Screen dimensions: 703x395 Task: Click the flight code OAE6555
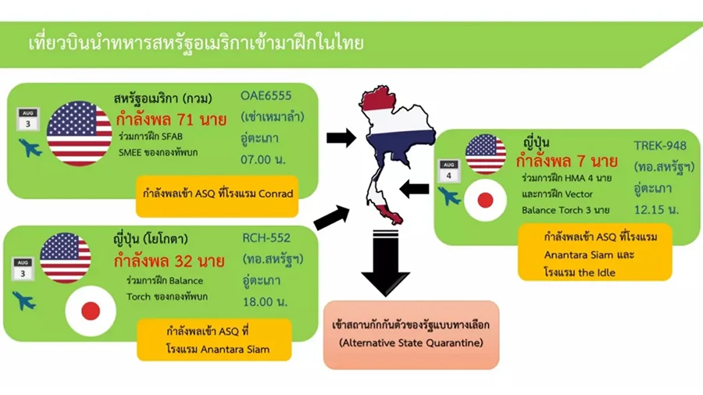(x=266, y=96)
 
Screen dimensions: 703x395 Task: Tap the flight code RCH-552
(x=266, y=238)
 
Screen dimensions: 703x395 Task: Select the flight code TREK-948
(x=660, y=146)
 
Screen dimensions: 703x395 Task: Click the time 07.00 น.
(x=263, y=159)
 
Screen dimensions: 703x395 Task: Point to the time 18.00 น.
(x=265, y=302)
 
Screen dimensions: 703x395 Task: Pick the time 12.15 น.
(x=656, y=209)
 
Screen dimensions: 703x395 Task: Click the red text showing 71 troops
(x=171, y=119)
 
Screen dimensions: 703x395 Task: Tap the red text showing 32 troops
(x=169, y=261)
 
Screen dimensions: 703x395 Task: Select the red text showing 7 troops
(x=567, y=162)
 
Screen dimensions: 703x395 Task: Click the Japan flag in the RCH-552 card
(x=91, y=311)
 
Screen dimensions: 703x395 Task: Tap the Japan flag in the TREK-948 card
(x=485, y=200)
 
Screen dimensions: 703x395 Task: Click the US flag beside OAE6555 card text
(x=80, y=133)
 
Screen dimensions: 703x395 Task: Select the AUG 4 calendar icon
(x=449, y=171)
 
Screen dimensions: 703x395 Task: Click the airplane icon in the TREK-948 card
(x=449, y=196)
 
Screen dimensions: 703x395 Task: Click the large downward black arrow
(x=385, y=263)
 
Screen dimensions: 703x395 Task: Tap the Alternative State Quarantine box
(x=411, y=335)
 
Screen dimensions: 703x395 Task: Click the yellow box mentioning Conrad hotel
(x=217, y=194)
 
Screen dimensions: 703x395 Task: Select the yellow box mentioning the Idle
(x=595, y=254)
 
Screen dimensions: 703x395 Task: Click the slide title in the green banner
(x=196, y=44)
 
